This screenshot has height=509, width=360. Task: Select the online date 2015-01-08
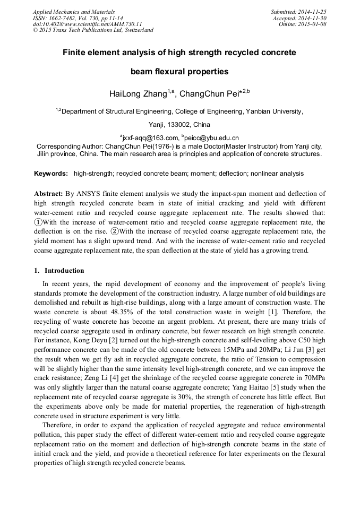pos(314,24)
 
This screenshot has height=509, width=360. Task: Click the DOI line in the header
pos(88,24)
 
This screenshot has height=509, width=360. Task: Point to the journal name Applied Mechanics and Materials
pos(73,12)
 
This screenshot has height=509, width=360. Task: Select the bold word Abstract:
pos(49,194)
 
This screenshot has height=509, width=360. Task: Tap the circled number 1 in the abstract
pos(38,222)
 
